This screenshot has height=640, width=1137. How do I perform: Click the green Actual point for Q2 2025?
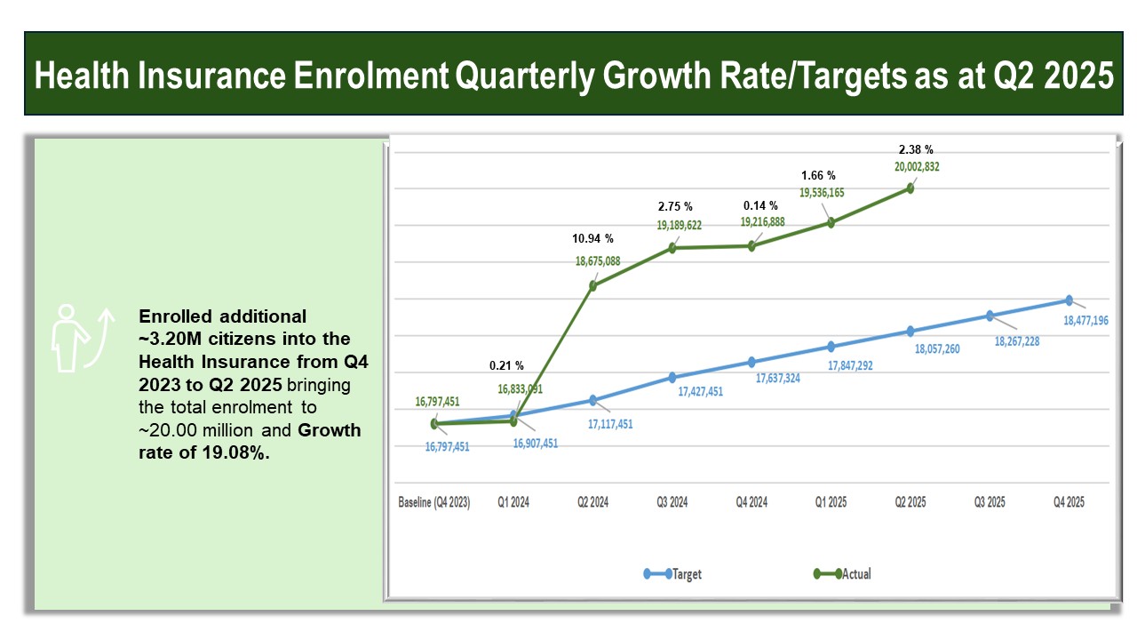(910, 188)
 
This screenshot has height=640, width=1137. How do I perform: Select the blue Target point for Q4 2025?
(1069, 300)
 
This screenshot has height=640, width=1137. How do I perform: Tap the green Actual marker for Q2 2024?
(592, 285)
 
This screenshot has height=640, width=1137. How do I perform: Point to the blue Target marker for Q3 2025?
(990, 316)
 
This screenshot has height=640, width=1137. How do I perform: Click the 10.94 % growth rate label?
(592, 239)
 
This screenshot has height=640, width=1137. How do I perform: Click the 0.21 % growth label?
(506, 365)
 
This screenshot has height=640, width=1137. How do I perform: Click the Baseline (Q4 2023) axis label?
(433, 502)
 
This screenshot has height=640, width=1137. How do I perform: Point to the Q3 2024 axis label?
(672, 502)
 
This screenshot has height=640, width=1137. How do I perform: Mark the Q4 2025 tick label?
(1069, 502)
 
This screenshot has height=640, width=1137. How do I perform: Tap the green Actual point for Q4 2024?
(751, 246)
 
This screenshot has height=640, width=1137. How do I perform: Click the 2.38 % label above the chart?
(916, 149)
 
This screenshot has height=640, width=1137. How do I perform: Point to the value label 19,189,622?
(680, 226)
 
